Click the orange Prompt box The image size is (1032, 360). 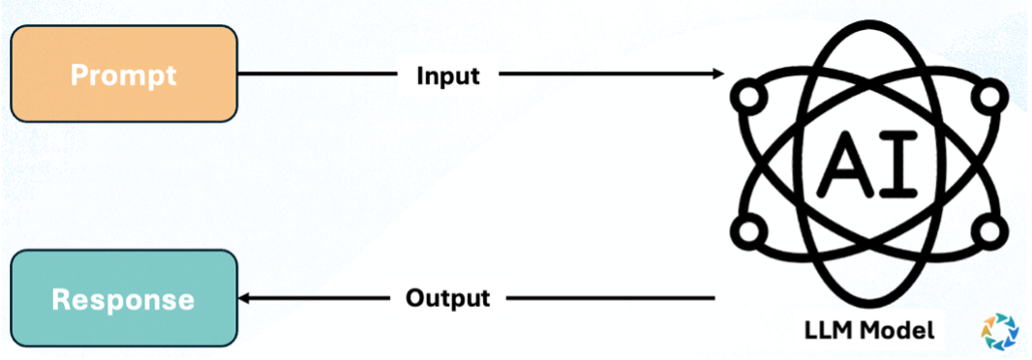click(124, 74)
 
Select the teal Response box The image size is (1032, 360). click(124, 298)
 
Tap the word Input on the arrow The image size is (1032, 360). click(448, 75)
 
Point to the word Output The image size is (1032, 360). click(448, 297)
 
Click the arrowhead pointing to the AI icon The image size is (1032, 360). click(717, 74)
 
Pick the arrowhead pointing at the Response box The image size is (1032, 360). click(246, 298)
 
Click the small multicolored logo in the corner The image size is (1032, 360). click(999, 331)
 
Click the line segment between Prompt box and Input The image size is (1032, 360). click(319, 74)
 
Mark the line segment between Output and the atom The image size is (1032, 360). click(610, 298)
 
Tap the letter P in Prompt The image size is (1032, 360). click(79, 75)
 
